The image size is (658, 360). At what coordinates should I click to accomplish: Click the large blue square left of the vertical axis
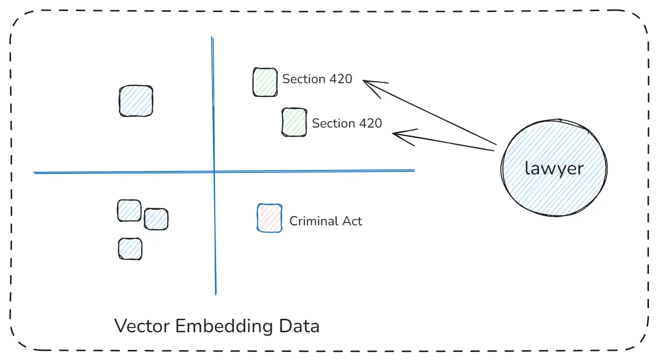(136, 101)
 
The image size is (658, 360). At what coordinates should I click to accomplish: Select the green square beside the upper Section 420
(265, 82)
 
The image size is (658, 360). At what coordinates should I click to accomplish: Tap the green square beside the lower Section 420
(294, 123)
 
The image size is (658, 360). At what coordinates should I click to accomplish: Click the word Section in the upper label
(304, 79)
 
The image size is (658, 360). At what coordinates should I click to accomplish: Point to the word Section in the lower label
(334, 124)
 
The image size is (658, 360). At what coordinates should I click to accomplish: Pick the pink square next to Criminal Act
(270, 218)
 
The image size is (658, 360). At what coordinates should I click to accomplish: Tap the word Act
(353, 221)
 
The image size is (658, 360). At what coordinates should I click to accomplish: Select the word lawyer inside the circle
(554, 168)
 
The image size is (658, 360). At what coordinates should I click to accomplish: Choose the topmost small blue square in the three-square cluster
(129, 211)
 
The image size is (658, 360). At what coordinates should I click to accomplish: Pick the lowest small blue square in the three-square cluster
(130, 249)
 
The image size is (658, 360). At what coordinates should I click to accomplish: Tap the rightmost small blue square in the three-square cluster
(156, 219)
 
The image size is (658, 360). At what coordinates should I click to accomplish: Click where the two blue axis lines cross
(214, 172)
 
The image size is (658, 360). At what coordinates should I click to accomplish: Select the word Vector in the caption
(142, 326)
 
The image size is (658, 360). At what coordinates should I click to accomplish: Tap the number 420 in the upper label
(341, 79)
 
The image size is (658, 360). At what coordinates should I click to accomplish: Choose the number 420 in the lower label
(370, 124)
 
